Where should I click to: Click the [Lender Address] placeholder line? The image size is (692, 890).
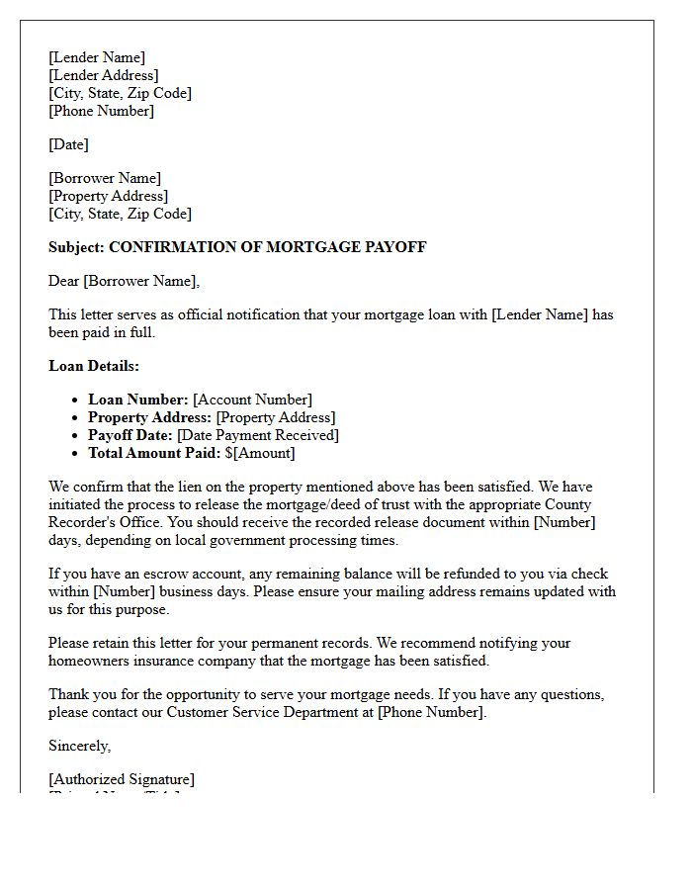(103, 75)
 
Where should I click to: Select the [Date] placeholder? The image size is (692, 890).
(68, 144)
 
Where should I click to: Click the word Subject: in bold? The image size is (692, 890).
(76, 247)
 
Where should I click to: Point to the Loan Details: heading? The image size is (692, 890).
(94, 366)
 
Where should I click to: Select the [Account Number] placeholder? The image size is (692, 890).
(252, 400)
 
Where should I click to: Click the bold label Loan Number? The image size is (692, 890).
(137, 400)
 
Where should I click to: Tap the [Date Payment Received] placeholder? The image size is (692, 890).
(257, 435)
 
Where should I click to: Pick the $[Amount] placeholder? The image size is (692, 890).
(260, 453)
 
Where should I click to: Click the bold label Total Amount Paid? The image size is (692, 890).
(154, 453)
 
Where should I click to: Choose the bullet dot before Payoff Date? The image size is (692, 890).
(75, 436)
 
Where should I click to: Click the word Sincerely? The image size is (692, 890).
(80, 746)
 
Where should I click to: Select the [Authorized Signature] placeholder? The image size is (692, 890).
(122, 779)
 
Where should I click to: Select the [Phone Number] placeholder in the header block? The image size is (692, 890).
(101, 111)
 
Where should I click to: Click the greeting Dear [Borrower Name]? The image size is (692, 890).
(124, 281)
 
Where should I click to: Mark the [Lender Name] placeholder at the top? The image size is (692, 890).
(96, 57)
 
